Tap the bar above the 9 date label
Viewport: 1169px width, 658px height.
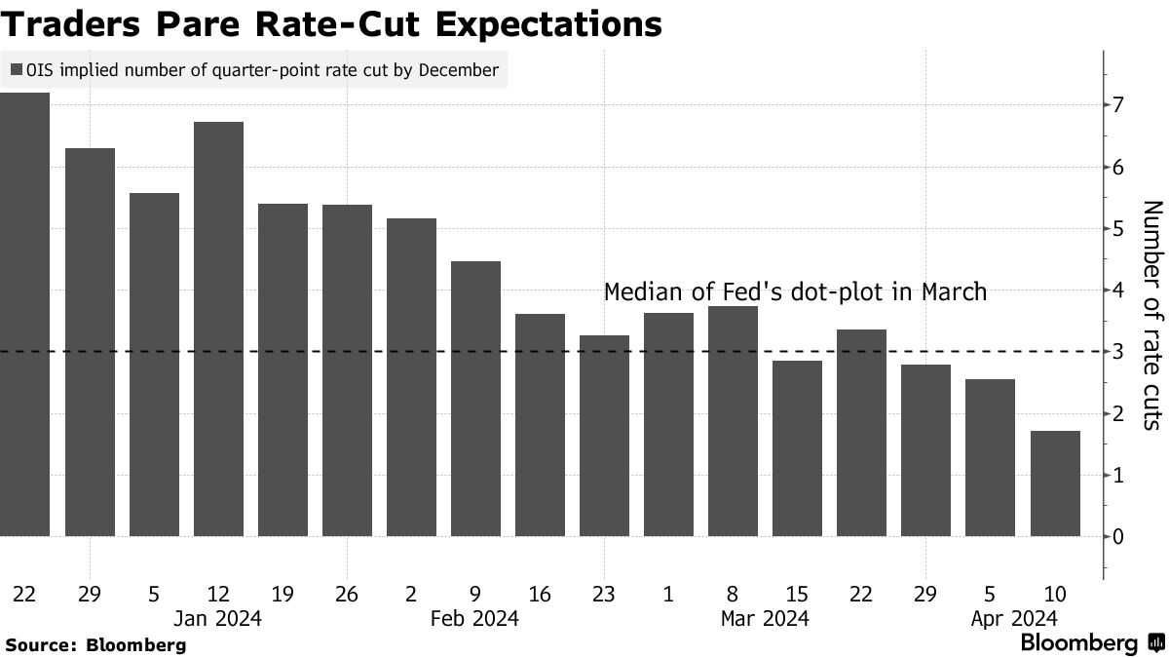point(475,399)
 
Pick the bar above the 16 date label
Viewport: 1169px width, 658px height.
point(540,425)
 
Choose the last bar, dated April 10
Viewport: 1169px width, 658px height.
point(1055,484)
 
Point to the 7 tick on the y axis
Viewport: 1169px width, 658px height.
point(1119,104)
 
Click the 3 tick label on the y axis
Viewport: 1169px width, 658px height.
point(1119,352)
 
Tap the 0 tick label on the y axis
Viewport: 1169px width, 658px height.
point(1119,536)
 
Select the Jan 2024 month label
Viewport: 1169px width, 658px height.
point(218,618)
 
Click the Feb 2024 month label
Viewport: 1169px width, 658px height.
point(475,618)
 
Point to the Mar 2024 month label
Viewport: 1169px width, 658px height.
point(765,618)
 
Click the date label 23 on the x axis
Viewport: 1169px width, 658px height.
point(604,594)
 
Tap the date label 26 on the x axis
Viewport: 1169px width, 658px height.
point(347,594)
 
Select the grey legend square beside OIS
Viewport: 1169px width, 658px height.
point(17,70)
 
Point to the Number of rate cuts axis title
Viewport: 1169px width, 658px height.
point(1152,314)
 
